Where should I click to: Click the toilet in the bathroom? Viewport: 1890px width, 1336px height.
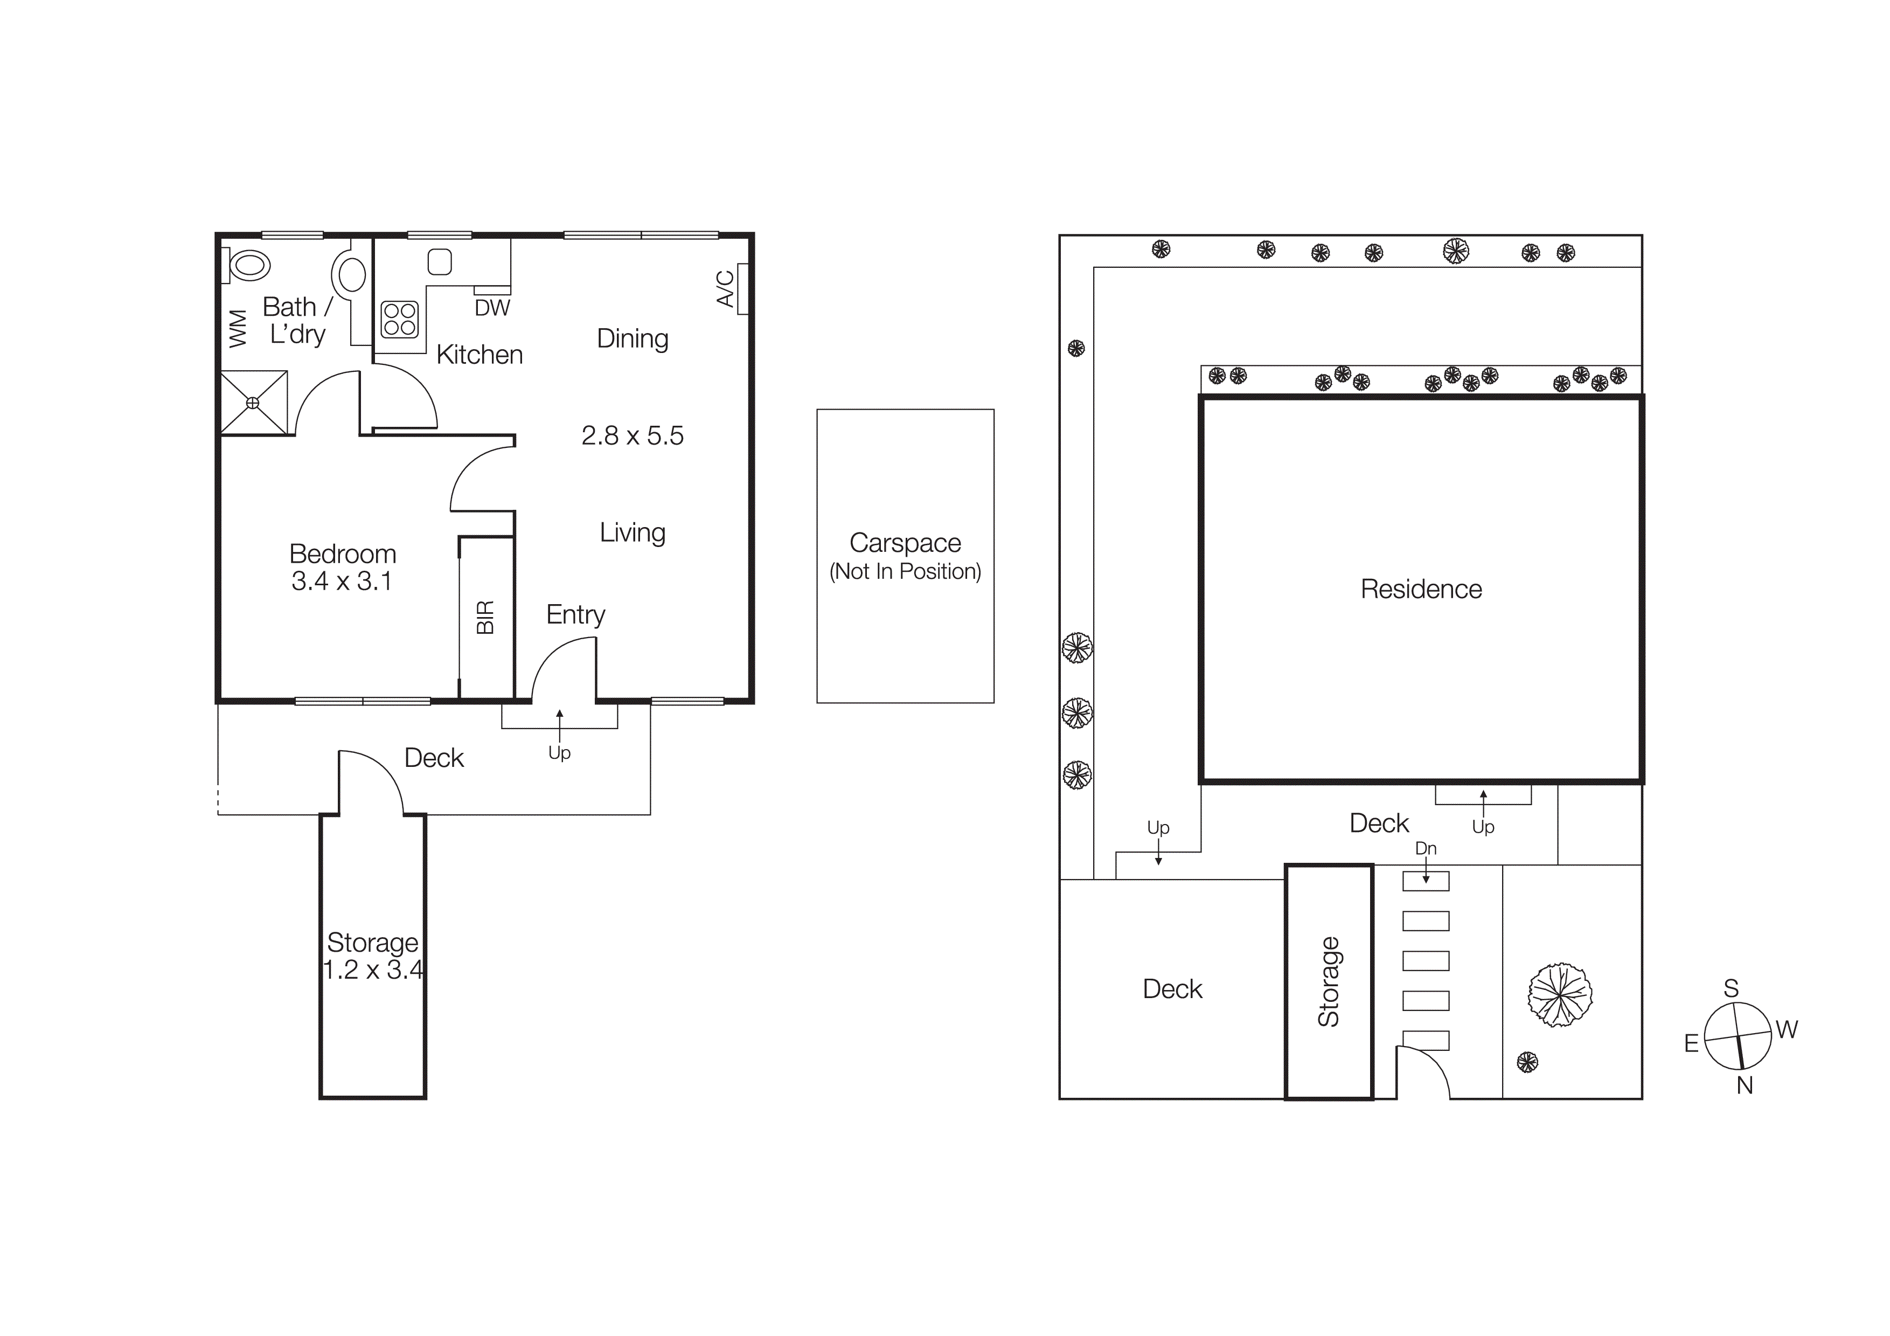[x=248, y=265]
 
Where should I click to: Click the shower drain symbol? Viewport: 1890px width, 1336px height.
[x=253, y=403]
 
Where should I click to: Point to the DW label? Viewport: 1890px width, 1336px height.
[x=492, y=308]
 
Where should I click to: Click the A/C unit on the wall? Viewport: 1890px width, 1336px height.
[x=742, y=288]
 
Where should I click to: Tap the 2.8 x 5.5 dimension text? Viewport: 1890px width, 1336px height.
[x=632, y=435]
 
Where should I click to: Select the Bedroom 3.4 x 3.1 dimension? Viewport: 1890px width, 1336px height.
[x=342, y=581]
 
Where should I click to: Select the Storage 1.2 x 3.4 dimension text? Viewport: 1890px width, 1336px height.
[x=373, y=970]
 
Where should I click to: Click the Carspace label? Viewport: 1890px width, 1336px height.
[x=905, y=543]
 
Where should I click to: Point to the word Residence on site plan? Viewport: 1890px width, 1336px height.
[x=1421, y=590]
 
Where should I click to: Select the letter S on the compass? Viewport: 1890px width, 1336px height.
[x=1731, y=988]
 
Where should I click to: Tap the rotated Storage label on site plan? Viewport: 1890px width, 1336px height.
[x=1329, y=982]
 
